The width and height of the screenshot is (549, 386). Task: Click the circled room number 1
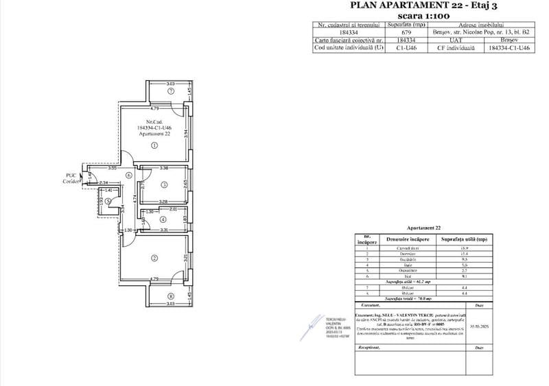[154, 145]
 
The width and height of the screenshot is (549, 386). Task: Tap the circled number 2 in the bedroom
[154, 258]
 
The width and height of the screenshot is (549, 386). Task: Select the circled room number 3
[165, 184]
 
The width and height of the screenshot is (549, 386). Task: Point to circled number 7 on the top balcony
[171, 91]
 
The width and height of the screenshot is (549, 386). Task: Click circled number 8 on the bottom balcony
[171, 296]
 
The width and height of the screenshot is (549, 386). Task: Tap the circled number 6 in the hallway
[128, 175]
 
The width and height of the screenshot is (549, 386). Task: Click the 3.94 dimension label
[185, 136]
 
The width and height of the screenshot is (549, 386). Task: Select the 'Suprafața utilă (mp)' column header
[464, 239]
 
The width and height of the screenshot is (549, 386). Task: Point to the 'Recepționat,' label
[370, 348]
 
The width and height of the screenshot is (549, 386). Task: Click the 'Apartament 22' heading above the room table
[423, 227]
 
